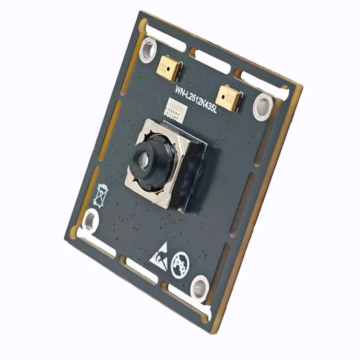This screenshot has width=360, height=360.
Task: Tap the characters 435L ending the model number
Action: (x=209, y=108)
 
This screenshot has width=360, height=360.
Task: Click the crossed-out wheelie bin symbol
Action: (x=102, y=193)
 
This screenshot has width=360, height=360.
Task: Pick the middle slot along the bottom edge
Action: (x=140, y=272)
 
